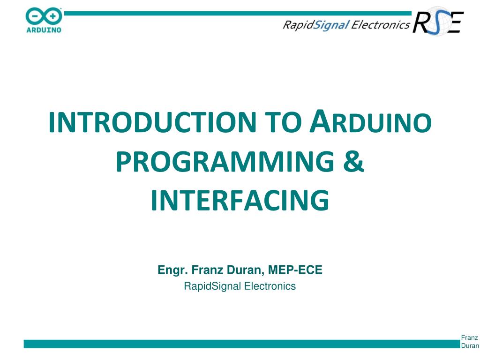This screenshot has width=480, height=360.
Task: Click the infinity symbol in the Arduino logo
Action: pyautogui.click(x=43, y=17)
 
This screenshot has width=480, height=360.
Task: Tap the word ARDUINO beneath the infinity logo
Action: pyautogui.click(x=43, y=30)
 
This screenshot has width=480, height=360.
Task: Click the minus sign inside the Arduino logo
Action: pyautogui.click(x=35, y=17)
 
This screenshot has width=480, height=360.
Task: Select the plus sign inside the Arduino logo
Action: pyautogui.click(x=52, y=17)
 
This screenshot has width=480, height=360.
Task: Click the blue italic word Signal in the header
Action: pyautogui.click(x=330, y=25)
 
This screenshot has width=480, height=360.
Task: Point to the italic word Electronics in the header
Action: pyautogui.click(x=380, y=25)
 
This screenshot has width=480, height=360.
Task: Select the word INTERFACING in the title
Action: pyautogui.click(x=240, y=200)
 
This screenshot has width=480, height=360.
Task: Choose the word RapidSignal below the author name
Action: pyautogui.click(x=212, y=286)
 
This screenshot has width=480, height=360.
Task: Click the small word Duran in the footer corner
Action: pyautogui.click(x=470, y=346)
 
